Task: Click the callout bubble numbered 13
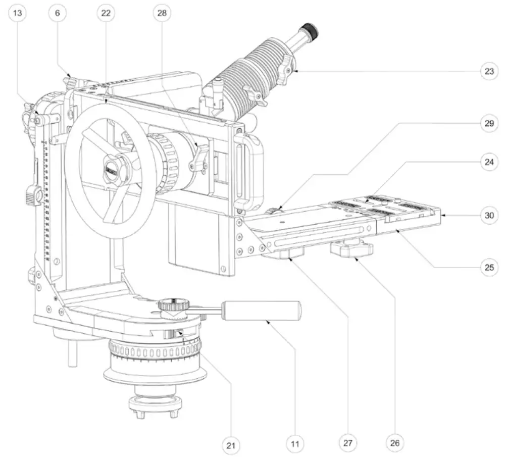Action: pos(18,13)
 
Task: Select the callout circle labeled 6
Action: pos(57,13)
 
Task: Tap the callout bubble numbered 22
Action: pos(106,13)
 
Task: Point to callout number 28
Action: pos(162,13)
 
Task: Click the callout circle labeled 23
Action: pos(488,71)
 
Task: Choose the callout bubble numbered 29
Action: pos(488,125)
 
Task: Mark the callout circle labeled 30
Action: pos(488,215)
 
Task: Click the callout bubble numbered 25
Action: pos(488,268)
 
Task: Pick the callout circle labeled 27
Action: pos(347,443)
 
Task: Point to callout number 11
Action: pos(295,444)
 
